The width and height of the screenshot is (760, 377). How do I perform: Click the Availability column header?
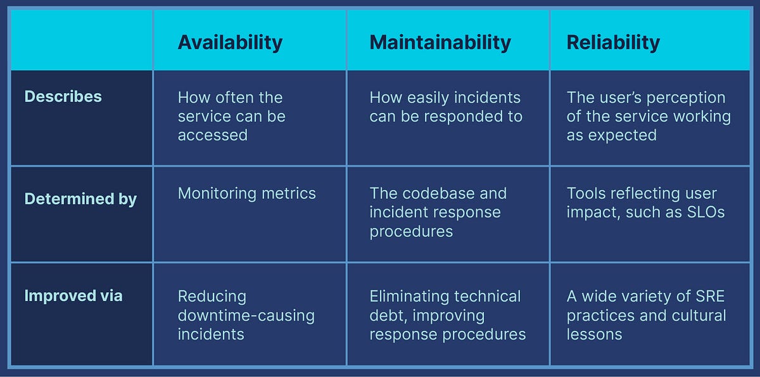(x=230, y=42)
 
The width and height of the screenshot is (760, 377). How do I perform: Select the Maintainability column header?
(x=440, y=42)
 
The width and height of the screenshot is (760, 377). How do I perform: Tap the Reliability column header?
(x=613, y=42)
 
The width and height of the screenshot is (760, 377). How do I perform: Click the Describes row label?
(x=63, y=97)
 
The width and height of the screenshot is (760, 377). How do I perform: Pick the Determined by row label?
(x=80, y=199)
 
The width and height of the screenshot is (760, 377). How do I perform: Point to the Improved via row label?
(x=73, y=296)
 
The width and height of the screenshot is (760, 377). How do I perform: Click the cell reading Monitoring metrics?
(x=246, y=193)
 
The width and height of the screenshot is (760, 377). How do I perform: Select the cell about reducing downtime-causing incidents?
(x=246, y=315)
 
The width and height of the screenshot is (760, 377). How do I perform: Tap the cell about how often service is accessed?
(x=231, y=116)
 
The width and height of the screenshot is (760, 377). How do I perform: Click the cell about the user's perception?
(x=648, y=116)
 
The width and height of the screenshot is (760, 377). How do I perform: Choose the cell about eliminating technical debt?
(x=447, y=315)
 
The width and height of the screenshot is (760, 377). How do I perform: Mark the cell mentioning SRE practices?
(x=646, y=315)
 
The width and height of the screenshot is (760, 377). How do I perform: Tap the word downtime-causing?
(x=246, y=316)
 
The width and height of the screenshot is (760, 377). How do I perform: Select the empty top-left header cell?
(x=82, y=40)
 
